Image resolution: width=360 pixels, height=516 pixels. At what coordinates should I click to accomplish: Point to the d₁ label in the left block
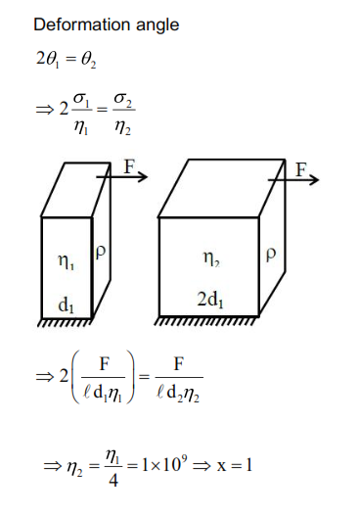[x=66, y=305]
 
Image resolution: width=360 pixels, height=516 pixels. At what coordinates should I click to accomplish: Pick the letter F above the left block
[x=128, y=166]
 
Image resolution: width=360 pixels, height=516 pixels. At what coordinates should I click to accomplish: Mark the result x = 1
[x=235, y=464]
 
